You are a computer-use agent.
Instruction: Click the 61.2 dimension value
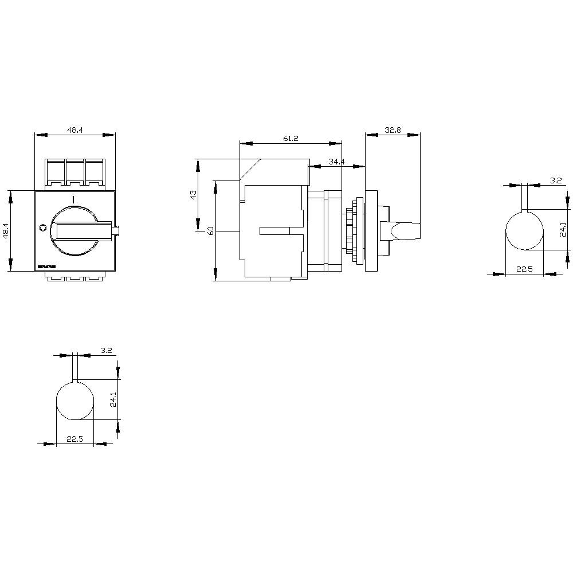tap(291, 139)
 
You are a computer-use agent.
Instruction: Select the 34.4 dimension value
tap(336, 162)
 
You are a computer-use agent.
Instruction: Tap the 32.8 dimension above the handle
tap(393, 131)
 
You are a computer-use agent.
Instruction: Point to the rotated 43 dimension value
tap(193, 194)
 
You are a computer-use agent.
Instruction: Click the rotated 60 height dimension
tap(210, 231)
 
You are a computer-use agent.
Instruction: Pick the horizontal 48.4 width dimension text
tap(75, 131)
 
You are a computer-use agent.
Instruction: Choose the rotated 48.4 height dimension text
tap(6, 230)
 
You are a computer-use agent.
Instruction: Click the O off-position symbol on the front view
tap(42, 228)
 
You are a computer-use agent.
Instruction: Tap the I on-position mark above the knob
tap(73, 198)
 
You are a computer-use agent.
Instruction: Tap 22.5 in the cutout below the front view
tap(74, 439)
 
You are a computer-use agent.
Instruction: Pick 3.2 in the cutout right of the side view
tap(555, 180)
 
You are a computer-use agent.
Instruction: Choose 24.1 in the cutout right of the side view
tap(563, 230)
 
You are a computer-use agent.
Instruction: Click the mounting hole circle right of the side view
tap(524, 231)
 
